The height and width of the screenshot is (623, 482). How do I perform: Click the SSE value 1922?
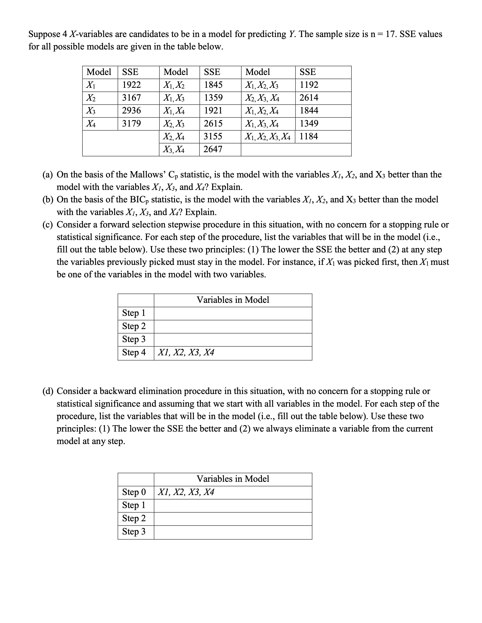[131, 85]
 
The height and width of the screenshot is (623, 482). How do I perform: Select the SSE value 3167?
[131, 98]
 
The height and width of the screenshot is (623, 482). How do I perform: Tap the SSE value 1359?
[213, 98]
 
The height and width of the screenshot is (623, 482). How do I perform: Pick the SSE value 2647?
[213, 149]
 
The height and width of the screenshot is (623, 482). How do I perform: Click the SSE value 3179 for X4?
[131, 123]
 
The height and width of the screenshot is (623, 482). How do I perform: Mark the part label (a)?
[47, 175]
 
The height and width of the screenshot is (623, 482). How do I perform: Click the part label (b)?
[48, 200]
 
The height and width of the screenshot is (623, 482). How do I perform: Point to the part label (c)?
[47, 225]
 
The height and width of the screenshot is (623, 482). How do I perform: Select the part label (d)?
[48, 391]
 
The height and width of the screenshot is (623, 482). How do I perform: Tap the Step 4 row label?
[134, 353]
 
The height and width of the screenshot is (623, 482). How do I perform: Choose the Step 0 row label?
[134, 492]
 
